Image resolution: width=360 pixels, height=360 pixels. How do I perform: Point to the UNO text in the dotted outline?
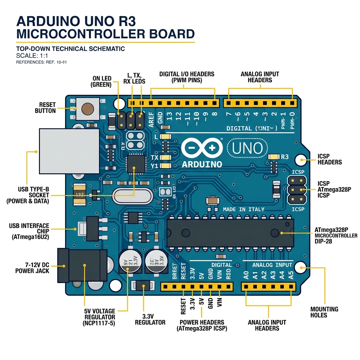247,149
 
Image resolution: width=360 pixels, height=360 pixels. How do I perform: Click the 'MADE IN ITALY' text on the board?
244,209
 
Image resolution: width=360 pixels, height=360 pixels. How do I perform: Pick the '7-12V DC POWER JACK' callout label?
32,268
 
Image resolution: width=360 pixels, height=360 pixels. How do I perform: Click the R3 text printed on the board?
284,157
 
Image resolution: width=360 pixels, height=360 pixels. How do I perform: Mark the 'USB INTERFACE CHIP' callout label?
29,231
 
